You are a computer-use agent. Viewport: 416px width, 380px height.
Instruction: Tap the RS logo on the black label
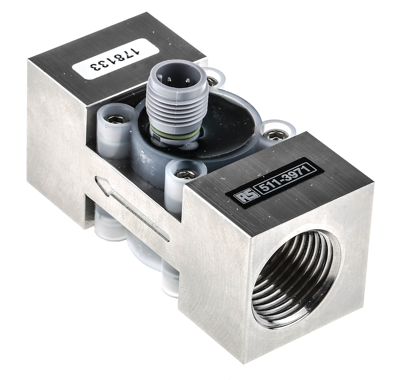click(244, 197)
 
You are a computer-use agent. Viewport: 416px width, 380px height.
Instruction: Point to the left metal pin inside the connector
click(170, 79)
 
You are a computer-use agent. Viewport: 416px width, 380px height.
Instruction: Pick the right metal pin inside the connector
click(188, 80)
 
